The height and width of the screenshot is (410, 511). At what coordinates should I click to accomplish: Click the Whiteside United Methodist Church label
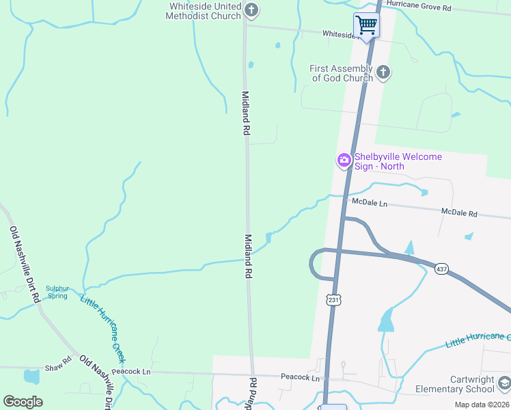point(206,11)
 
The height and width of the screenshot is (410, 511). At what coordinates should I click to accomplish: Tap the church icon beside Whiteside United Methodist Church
point(252,10)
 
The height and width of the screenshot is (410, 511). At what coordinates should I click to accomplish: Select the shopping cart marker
point(366,26)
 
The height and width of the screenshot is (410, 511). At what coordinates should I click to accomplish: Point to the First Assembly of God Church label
point(342,73)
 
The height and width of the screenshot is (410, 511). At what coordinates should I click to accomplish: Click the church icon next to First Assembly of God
point(383,72)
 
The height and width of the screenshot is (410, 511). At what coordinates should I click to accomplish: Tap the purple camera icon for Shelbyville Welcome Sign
point(344,161)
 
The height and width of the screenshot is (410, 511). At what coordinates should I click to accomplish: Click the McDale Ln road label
point(369,204)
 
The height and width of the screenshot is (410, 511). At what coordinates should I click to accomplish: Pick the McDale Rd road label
point(459,213)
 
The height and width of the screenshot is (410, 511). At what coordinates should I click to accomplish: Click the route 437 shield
point(441,269)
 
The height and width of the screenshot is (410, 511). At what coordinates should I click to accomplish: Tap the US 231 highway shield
point(333,299)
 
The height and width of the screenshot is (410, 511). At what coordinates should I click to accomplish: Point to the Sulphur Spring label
point(57,292)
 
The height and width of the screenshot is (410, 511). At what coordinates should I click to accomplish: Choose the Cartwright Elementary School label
point(454,384)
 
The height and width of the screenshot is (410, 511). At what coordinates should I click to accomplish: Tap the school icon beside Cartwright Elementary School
point(504,383)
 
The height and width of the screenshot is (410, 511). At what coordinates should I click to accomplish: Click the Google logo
point(23,402)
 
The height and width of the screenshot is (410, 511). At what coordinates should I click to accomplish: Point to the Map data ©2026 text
point(481,405)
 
